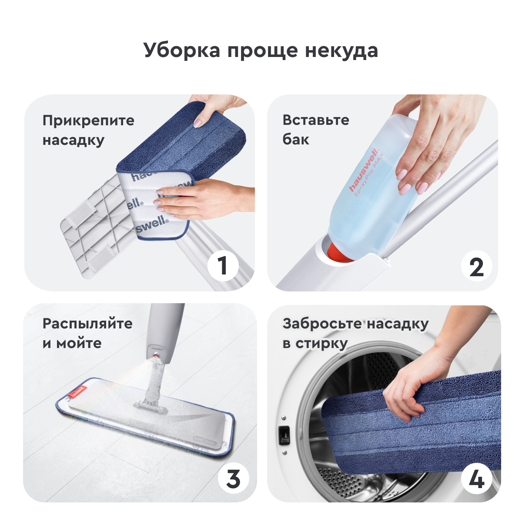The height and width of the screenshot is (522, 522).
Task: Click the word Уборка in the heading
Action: (182, 51)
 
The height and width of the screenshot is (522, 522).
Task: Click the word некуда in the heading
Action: (341, 51)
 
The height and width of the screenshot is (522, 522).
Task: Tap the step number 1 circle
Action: (223, 266)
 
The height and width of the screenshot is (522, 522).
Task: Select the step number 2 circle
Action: (477, 266)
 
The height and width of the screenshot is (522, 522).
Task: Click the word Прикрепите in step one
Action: (88, 121)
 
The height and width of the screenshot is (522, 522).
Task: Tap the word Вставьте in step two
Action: (316, 120)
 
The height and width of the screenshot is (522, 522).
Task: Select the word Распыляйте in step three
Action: (87, 324)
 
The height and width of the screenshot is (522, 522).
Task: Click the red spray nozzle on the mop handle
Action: (156, 355)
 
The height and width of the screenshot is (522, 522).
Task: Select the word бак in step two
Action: (296, 140)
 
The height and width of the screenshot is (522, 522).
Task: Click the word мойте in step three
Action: (79, 344)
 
